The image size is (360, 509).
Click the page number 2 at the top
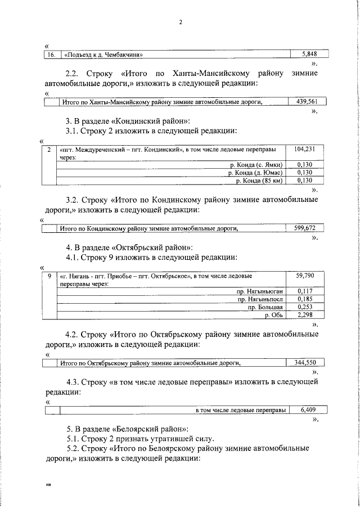pos(180,22)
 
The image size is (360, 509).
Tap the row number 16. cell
pos(52,55)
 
